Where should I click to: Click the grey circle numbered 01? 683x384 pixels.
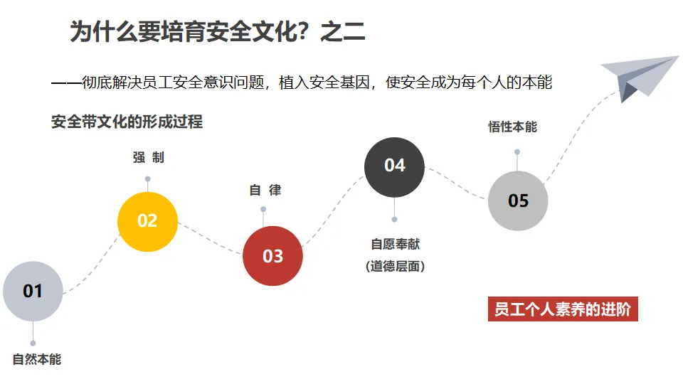tap(33, 291)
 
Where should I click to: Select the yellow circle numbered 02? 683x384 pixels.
tap(147, 221)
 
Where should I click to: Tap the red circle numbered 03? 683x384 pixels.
tap(272, 256)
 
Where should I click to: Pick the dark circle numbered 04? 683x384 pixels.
tap(394, 166)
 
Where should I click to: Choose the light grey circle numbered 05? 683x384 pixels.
tap(518, 201)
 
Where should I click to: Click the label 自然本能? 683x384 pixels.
tap(37, 359)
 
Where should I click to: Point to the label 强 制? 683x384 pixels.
tap(148, 157)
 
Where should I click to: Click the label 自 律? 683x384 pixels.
tap(265, 191)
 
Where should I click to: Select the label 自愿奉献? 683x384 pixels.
tap(395, 244)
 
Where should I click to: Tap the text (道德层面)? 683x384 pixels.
tap(395, 267)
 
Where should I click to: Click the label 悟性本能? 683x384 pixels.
tap(512, 127)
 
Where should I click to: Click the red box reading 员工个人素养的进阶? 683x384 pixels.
tap(563, 310)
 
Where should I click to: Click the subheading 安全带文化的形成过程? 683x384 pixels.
tap(127, 122)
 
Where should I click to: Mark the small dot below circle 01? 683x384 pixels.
tap(33, 343)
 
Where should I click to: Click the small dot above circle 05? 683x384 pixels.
tap(517, 151)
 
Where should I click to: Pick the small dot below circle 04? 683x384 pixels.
tap(394, 219)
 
